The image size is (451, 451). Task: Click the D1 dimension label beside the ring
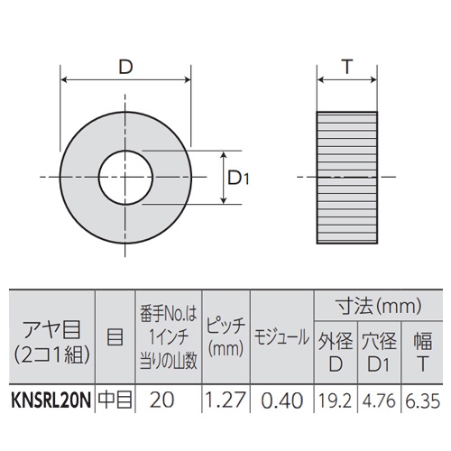click(237, 179)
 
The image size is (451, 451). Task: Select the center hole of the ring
click(125, 178)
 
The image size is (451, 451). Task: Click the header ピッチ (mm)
click(226, 335)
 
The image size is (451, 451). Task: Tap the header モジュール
click(281, 336)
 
